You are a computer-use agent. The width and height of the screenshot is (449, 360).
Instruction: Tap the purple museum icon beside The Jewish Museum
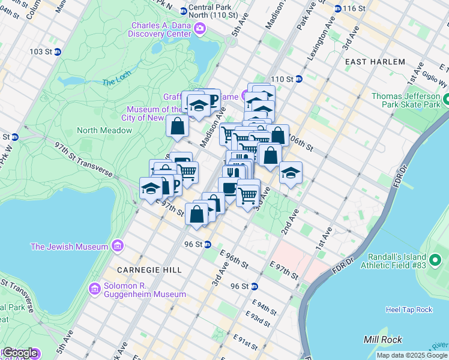117,246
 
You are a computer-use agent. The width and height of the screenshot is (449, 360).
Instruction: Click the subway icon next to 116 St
338,8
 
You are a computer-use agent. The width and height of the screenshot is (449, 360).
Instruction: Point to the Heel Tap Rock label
408,310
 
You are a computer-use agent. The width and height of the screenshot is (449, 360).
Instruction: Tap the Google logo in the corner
19,353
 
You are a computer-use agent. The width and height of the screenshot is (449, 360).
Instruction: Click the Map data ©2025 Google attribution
411,355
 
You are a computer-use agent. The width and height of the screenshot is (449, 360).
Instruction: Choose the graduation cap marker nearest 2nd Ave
291,173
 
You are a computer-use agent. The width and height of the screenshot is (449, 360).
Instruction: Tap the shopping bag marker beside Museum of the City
178,127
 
